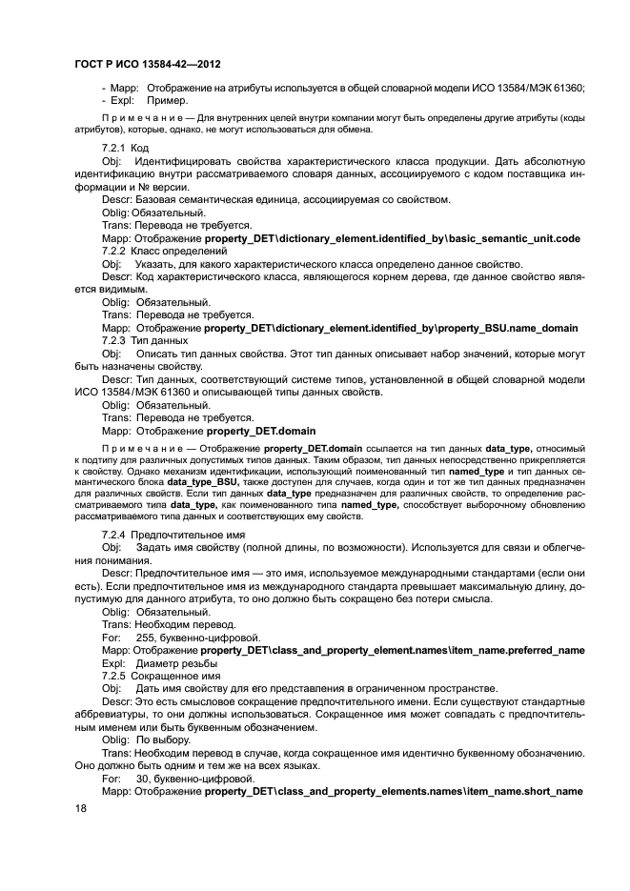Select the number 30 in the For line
pos(142,778)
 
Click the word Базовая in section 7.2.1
pos(161,200)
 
